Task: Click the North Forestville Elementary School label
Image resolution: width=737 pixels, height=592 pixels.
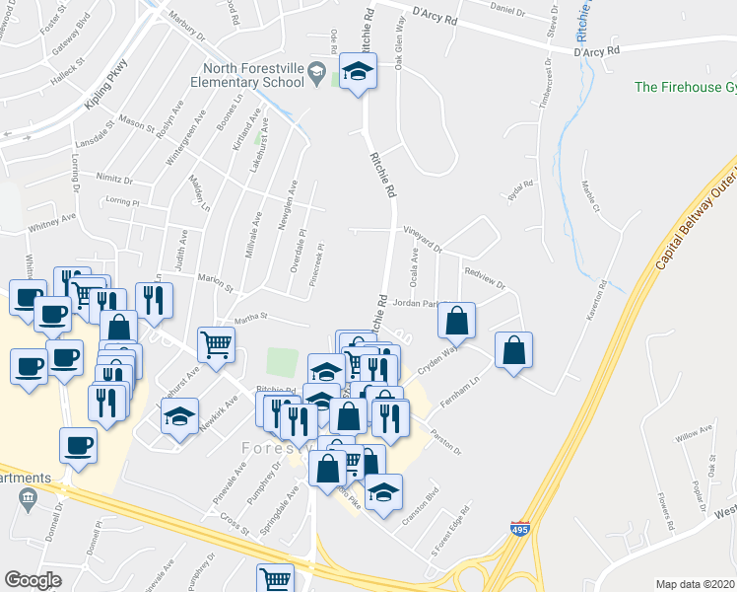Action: coord(254,75)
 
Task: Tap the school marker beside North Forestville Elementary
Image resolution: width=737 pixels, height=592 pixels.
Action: coord(358,72)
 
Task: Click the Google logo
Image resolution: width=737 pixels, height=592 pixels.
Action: coord(33,580)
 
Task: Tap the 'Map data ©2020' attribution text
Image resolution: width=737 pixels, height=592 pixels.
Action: coord(696,584)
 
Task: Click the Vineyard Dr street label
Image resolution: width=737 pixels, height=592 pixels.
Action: coord(422,236)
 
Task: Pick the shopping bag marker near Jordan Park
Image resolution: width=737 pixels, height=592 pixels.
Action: coord(456,320)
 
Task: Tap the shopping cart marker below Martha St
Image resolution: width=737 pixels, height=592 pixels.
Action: coord(217,344)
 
